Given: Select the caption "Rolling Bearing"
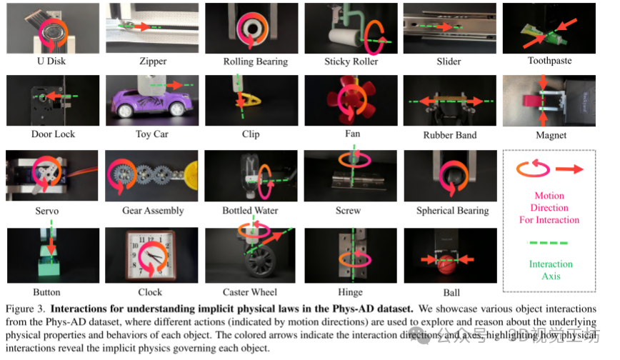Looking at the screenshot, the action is click(251, 62).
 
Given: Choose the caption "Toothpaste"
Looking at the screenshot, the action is click(549, 61).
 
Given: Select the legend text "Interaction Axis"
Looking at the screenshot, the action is click(551, 270).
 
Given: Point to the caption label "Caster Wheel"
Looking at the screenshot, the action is click(251, 292).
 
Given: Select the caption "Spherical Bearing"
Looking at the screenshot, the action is click(451, 211).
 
